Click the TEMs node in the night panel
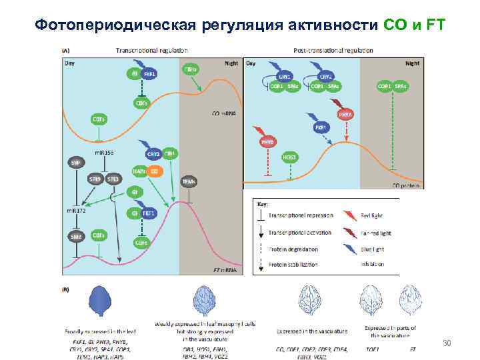coord(189,180)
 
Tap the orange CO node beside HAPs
coord(154,171)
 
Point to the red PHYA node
coord(345,115)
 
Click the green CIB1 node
coord(170,154)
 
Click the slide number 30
coord(447,343)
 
